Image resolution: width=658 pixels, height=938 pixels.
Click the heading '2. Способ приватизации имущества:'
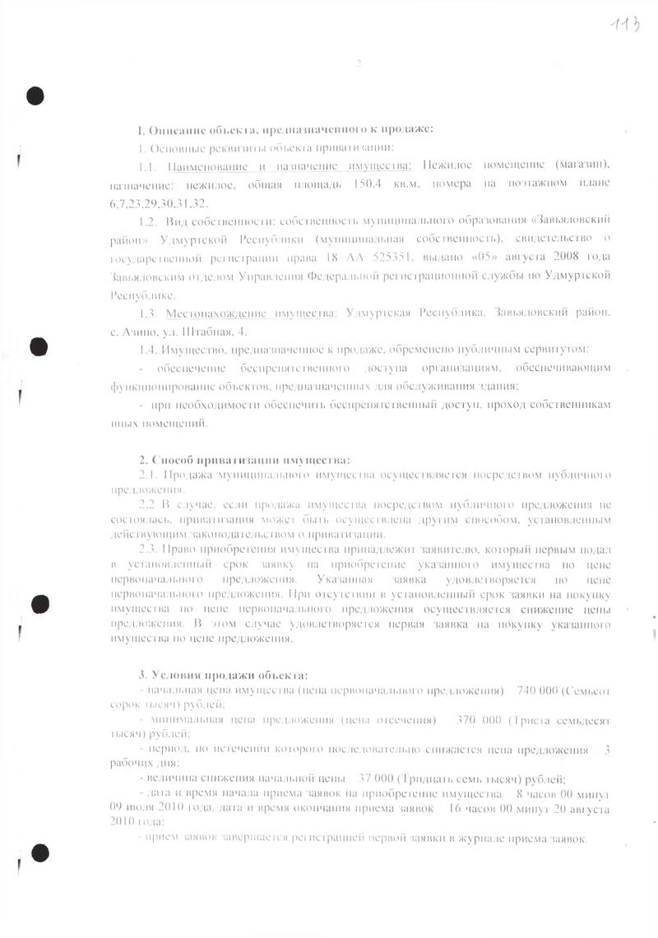point(244,458)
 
